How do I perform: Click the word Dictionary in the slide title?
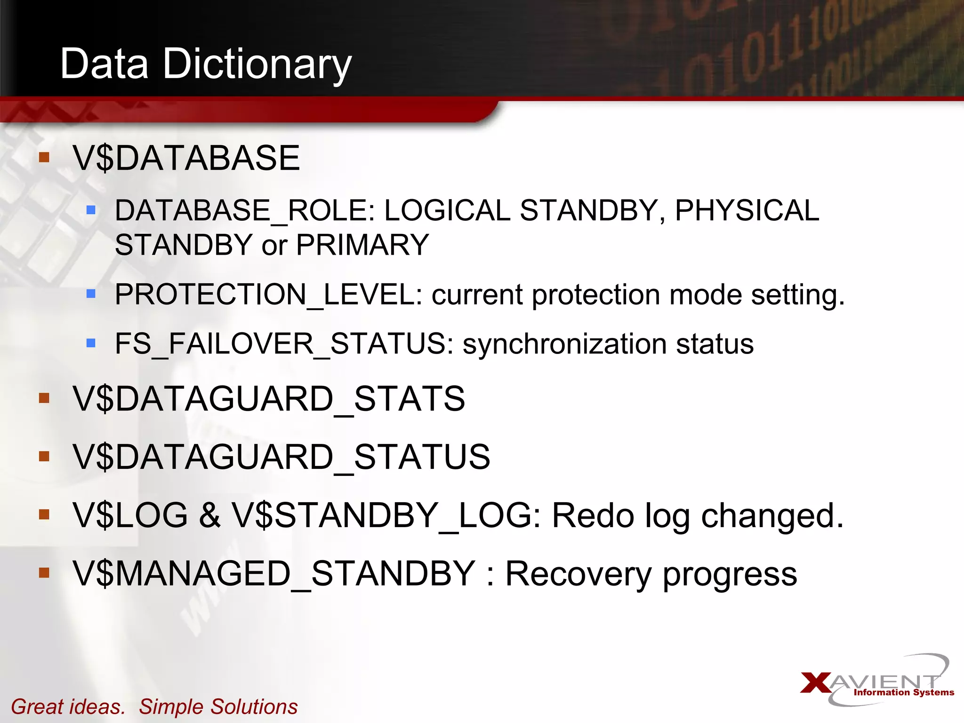point(257,64)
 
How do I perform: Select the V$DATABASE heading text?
point(186,158)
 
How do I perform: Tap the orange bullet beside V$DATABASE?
point(44,157)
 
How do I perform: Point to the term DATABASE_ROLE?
point(245,210)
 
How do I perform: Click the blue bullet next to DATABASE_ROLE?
point(91,209)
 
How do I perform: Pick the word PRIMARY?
point(362,245)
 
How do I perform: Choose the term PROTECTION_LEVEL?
point(268,295)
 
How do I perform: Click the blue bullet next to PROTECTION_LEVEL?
point(91,294)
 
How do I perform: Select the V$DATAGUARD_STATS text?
point(269,399)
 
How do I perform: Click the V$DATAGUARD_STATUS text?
point(281,457)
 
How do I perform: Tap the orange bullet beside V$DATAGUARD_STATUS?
point(44,456)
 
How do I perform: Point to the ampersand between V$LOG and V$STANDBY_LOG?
point(209,515)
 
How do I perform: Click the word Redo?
point(593,515)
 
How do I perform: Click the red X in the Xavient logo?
point(816,683)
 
